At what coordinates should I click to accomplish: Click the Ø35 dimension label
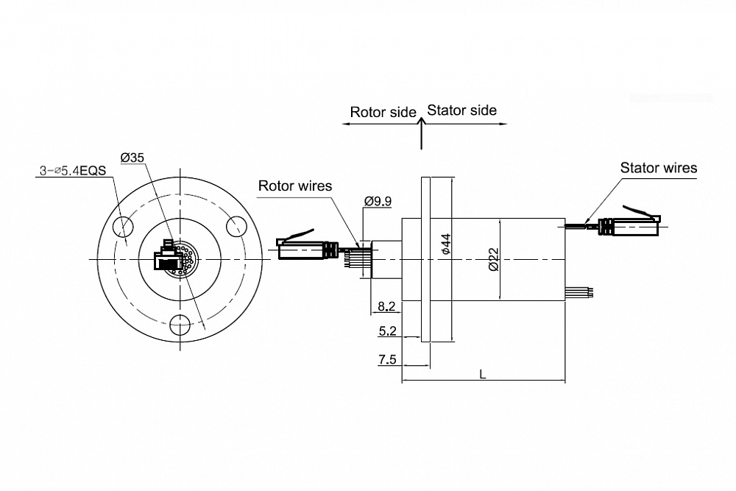[132, 158]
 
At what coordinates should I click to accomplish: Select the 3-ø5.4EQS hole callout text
[73, 170]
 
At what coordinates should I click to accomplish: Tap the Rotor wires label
[295, 186]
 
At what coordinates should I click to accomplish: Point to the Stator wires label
[659, 168]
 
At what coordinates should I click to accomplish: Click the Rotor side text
[383, 112]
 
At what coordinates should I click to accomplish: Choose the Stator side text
[462, 110]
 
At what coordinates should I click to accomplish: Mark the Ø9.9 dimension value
[378, 202]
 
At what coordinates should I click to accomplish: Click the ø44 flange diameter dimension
[446, 244]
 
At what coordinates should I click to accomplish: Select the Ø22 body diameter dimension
[493, 260]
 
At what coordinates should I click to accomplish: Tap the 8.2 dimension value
[387, 306]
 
